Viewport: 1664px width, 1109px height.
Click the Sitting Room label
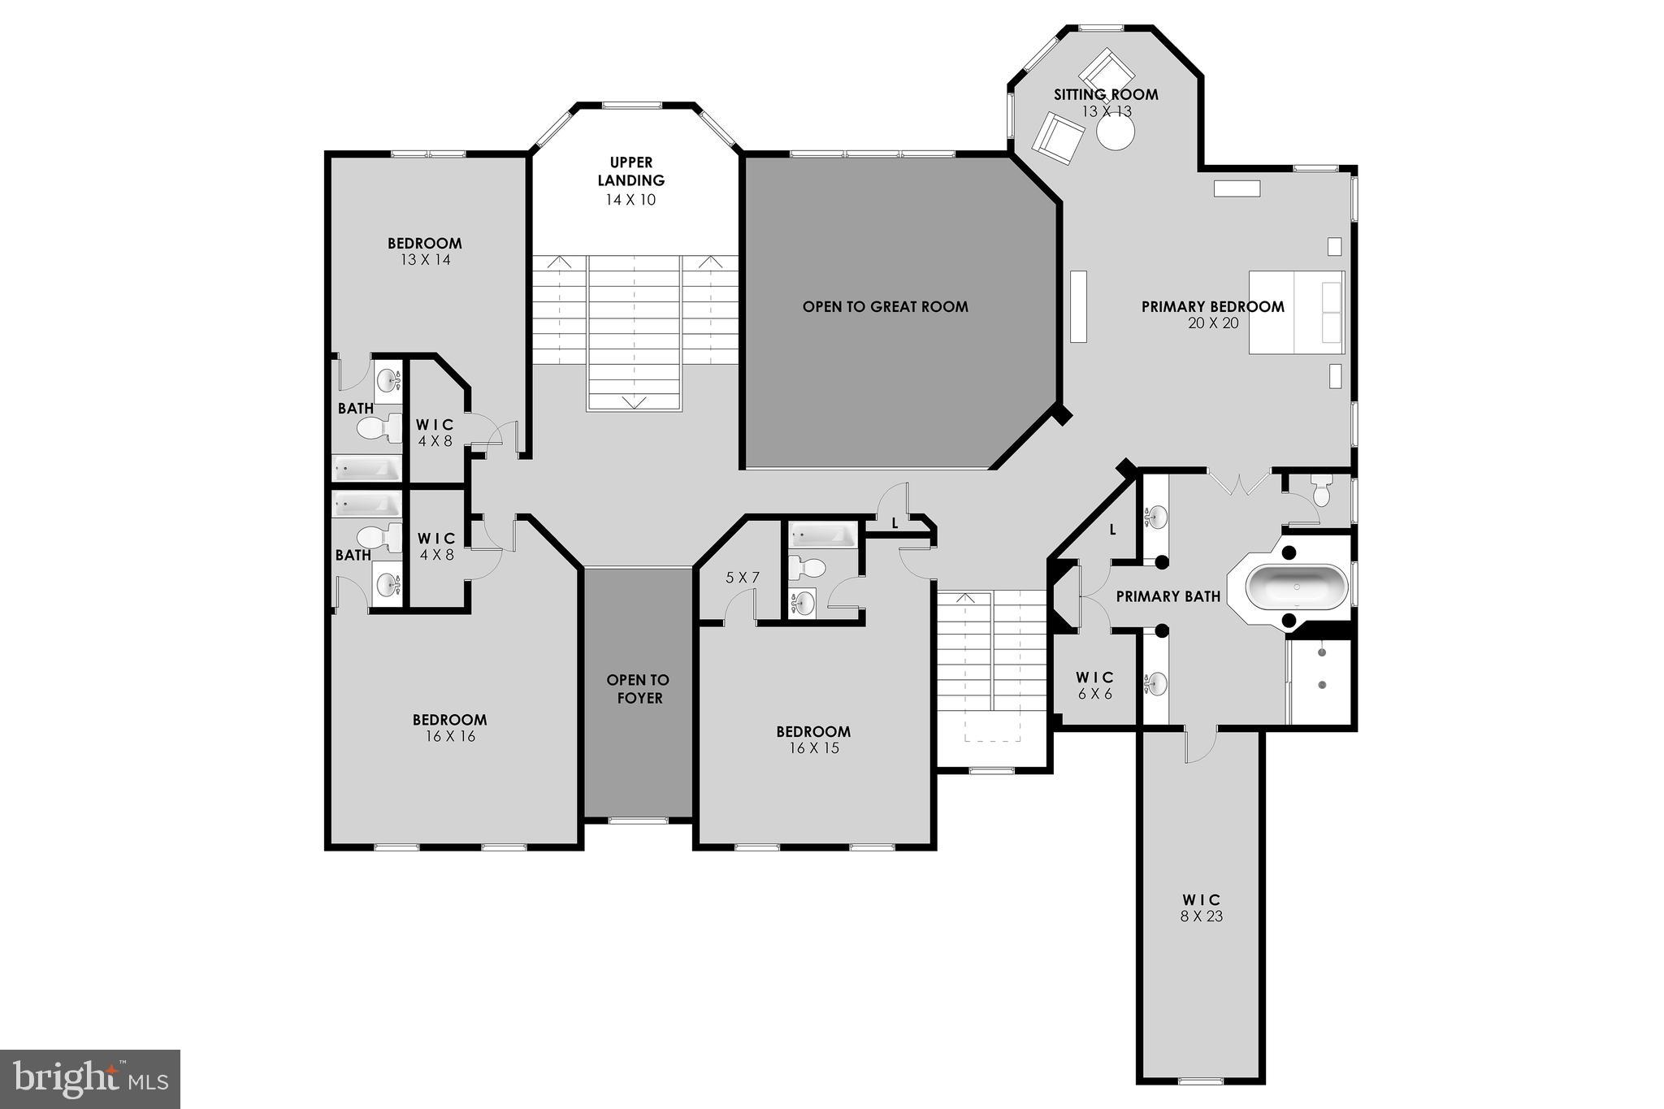(x=1106, y=94)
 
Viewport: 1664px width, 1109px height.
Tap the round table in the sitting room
(x=1115, y=132)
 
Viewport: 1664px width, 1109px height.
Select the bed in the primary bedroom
(x=1296, y=313)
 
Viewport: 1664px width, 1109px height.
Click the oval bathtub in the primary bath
(x=1297, y=586)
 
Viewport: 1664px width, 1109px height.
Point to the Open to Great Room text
(x=885, y=307)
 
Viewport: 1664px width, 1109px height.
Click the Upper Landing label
(x=630, y=171)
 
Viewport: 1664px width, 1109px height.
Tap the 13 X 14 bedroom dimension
(x=425, y=260)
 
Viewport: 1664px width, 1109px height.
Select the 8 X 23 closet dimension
(x=1202, y=916)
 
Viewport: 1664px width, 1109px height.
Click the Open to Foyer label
(x=639, y=689)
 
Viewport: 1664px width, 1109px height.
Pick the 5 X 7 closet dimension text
(x=742, y=578)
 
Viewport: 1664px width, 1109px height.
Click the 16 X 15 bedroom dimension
(x=813, y=748)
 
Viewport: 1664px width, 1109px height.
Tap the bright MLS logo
(x=90, y=1078)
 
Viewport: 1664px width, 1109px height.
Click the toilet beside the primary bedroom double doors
(x=1320, y=490)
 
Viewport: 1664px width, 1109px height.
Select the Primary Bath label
(x=1168, y=596)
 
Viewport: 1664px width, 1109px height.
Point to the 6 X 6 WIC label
(x=1094, y=686)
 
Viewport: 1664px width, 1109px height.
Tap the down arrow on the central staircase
(x=633, y=402)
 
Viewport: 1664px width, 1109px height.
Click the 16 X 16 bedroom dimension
(x=449, y=737)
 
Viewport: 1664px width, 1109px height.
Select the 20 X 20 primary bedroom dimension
(x=1212, y=323)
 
